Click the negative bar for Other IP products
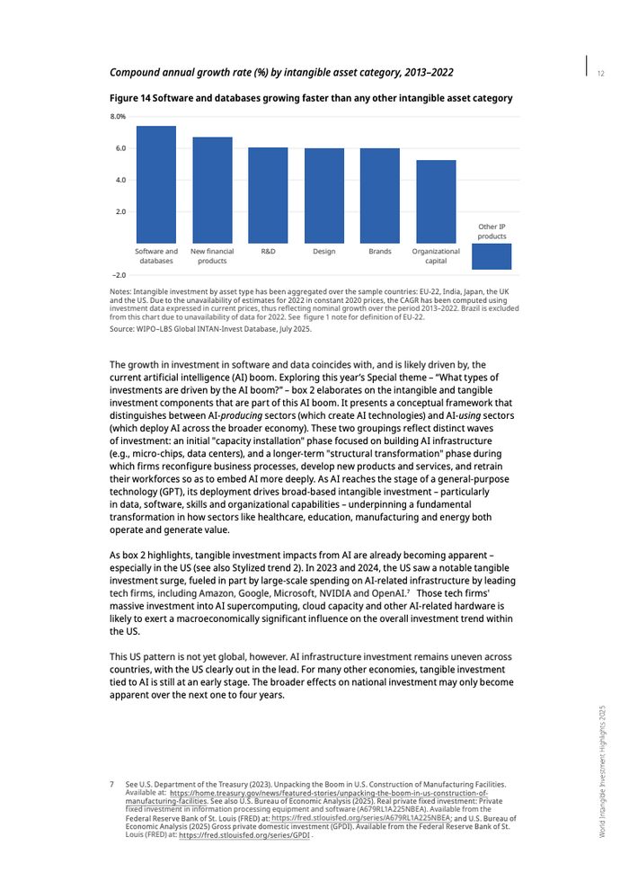pos(492,256)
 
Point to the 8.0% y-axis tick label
pos(118,117)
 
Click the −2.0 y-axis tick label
pos(118,275)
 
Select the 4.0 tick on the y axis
pos(120,180)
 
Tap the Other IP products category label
pos(492,231)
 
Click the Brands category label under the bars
pos(380,252)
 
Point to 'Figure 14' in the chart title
pos(129,97)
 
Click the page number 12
pos(600,72)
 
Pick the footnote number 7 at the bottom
pos(112,784)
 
